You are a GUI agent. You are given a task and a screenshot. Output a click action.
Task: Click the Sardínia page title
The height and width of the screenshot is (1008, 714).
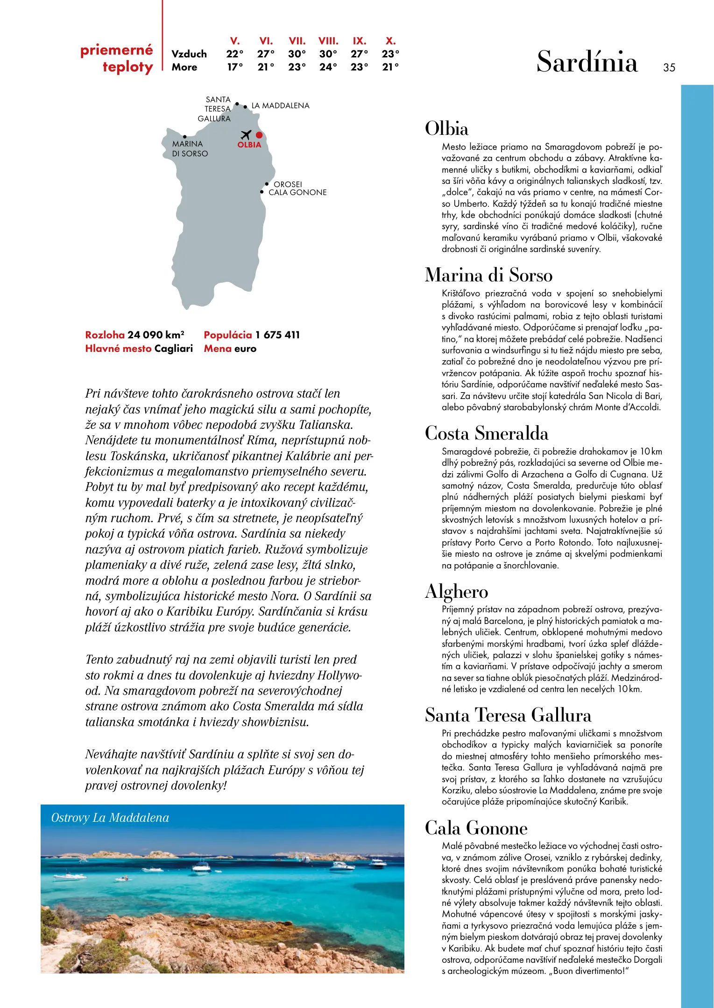[587, 62]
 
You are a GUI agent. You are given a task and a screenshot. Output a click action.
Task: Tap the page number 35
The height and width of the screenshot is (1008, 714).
[669, 68]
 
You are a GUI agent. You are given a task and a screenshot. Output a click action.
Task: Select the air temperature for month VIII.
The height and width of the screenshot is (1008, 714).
[328, 54]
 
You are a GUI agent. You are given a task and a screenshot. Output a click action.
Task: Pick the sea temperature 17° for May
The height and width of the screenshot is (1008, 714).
[235, 67]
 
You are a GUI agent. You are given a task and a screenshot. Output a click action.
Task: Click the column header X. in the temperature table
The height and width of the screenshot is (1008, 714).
[390, 41]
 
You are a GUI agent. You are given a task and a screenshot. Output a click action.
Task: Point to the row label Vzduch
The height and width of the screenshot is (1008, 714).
[189, 54]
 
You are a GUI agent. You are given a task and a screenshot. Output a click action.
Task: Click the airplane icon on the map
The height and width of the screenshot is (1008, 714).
[246, 135]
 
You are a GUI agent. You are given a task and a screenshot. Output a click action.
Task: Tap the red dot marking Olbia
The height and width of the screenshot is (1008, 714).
[259, 135]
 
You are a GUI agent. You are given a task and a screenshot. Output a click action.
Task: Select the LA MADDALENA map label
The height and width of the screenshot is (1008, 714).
[280, 106]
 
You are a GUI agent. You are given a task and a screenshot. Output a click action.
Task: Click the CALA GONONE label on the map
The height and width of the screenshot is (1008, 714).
[297, 192]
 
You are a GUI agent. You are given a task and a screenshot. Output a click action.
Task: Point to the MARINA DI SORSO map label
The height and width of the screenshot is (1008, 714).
[190, 149]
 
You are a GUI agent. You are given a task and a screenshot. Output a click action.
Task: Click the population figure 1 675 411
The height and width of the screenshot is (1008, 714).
[277, 335]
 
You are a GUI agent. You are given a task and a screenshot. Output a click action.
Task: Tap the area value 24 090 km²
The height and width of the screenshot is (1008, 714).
[156, 335]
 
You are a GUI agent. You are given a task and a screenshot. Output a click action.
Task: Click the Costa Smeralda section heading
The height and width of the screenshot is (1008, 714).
[486, 433]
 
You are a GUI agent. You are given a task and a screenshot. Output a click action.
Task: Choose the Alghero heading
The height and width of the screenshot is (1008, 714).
[456, 591]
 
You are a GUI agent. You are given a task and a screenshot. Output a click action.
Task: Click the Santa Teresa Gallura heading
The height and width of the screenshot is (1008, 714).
[508, 715]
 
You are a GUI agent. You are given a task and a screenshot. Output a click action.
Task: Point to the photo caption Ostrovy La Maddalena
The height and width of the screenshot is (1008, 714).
[110, 818]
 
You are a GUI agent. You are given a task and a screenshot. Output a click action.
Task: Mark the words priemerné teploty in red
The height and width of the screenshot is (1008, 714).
[117, 58]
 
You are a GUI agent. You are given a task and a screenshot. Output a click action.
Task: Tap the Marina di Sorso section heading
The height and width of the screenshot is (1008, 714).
[488, 275]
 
